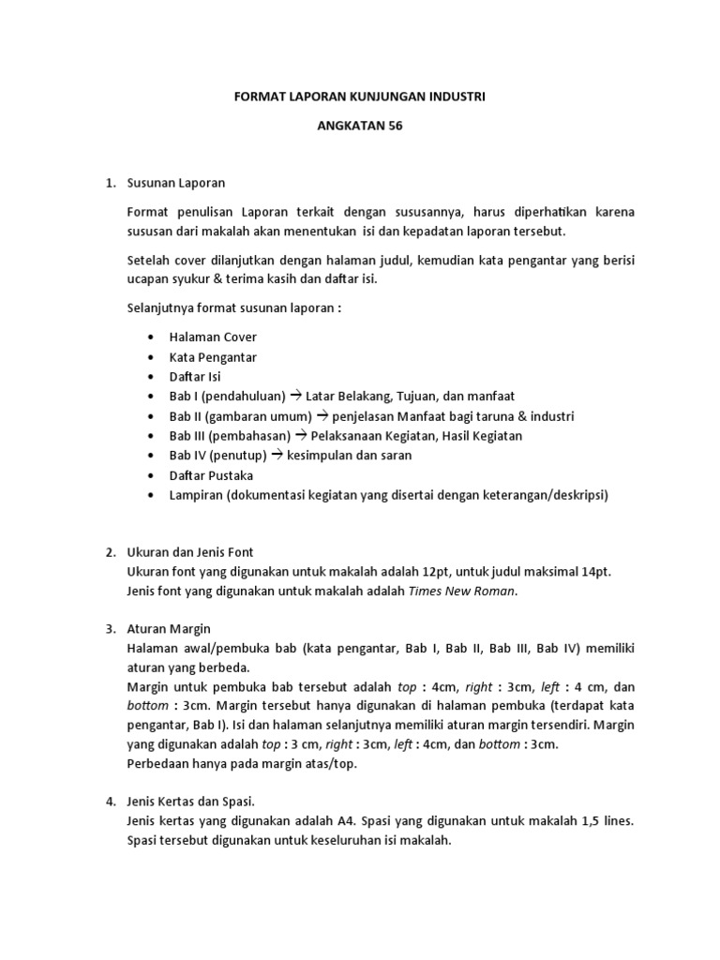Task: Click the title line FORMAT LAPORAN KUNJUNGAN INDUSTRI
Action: coord(360,97)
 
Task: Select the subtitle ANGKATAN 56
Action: coord(360,129)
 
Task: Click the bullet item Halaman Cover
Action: coord(213,337)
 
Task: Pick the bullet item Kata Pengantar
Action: coord(213,356)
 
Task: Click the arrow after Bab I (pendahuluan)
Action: coord(295,396)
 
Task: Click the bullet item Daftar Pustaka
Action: coord(212,475)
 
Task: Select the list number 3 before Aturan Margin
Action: coord(108,628)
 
